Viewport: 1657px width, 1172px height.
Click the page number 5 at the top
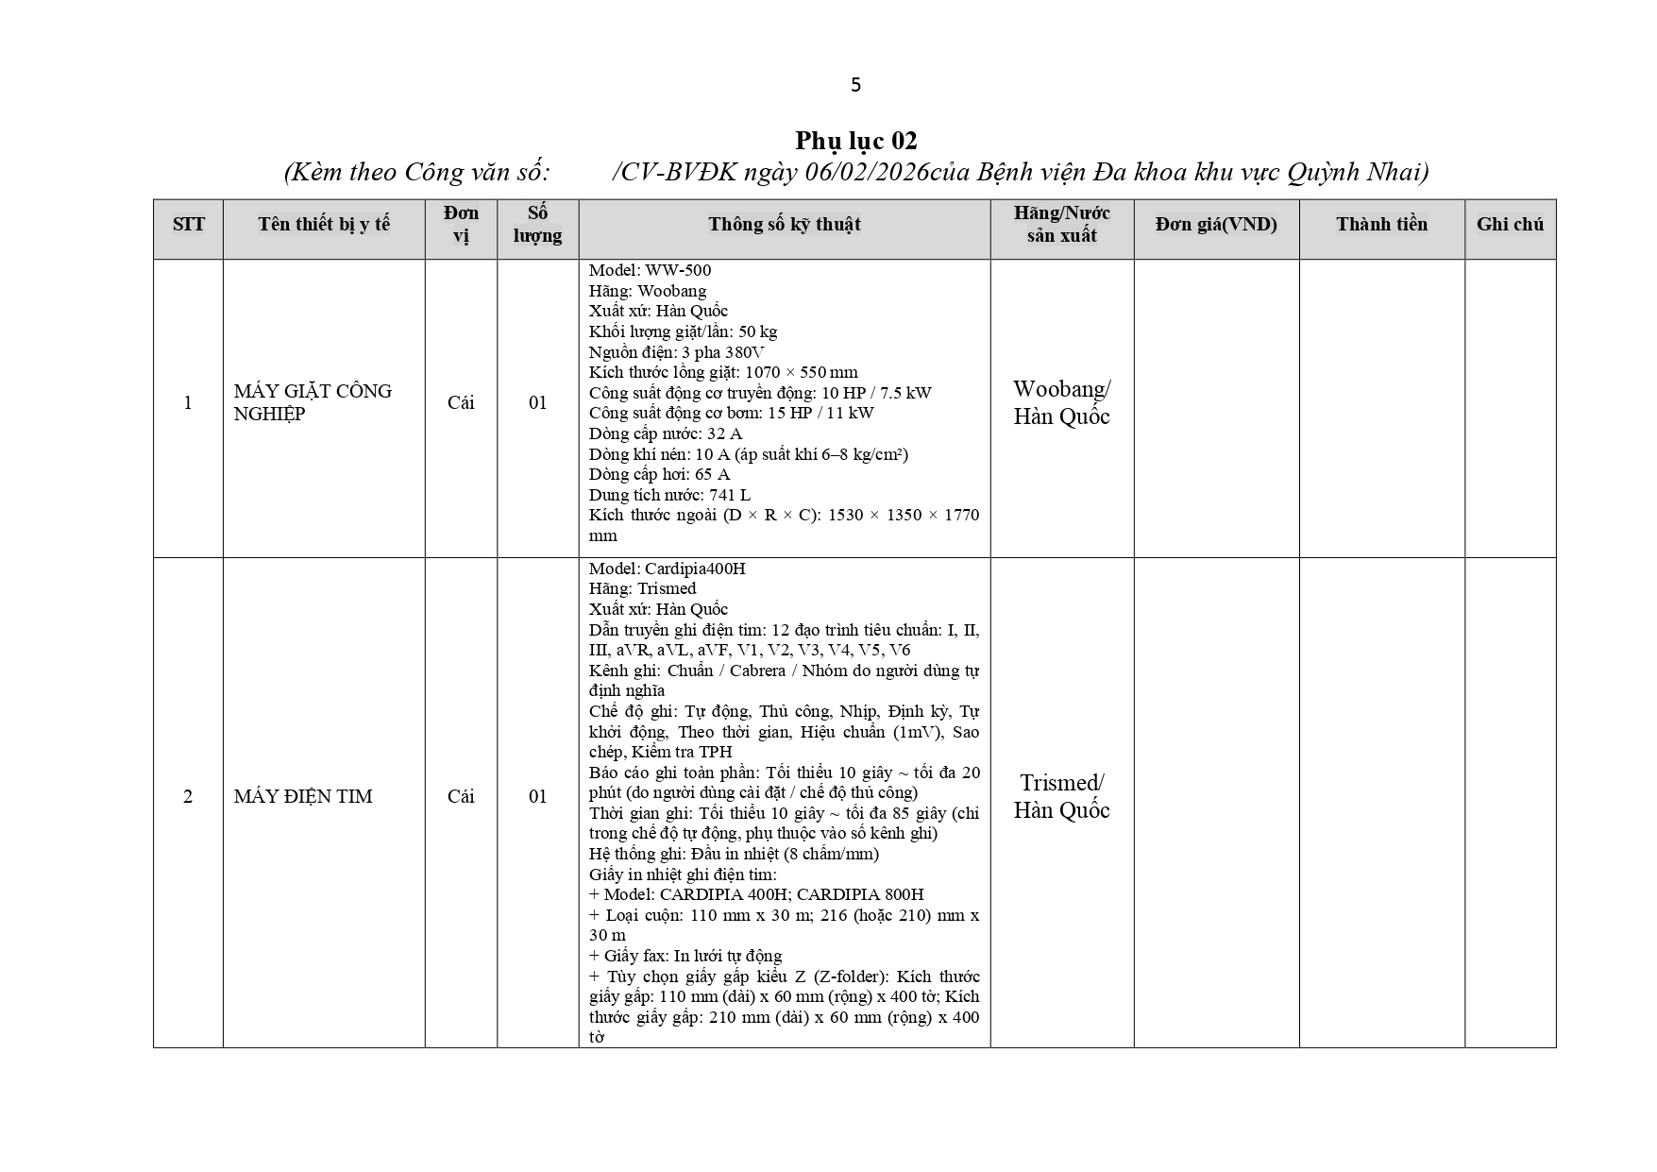click(855, 85)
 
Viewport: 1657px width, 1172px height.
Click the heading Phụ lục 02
click(855, 141)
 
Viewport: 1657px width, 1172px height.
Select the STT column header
click(188, 225)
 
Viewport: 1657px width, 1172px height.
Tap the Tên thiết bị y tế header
click(324, 225)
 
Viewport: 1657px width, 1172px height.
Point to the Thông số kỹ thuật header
click(784, 225)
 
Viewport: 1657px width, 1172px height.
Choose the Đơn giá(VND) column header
click(1216, 225)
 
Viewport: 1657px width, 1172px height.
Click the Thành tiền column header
click(1381, 225)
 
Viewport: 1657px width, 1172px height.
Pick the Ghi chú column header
click(1510, 225)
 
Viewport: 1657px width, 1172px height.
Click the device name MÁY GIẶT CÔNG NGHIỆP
click(313, 402)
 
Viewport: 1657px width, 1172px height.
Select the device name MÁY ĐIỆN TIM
click(303, 796)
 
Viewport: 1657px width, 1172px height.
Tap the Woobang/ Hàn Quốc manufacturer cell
click(1061, 402)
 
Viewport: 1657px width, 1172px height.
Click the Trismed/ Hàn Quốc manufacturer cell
click(1061, 796)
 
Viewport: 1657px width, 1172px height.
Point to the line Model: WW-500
click(650, 270)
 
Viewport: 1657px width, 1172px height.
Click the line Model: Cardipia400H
click(667, 569)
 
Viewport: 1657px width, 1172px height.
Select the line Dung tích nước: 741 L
click(669, 495)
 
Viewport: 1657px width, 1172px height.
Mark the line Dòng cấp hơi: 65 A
click(659, 474)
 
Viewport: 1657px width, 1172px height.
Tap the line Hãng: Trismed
click(642, 588)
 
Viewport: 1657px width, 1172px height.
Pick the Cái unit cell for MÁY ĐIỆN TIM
click(461, 796)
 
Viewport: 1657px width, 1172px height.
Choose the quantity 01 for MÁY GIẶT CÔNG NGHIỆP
click(537, 402)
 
